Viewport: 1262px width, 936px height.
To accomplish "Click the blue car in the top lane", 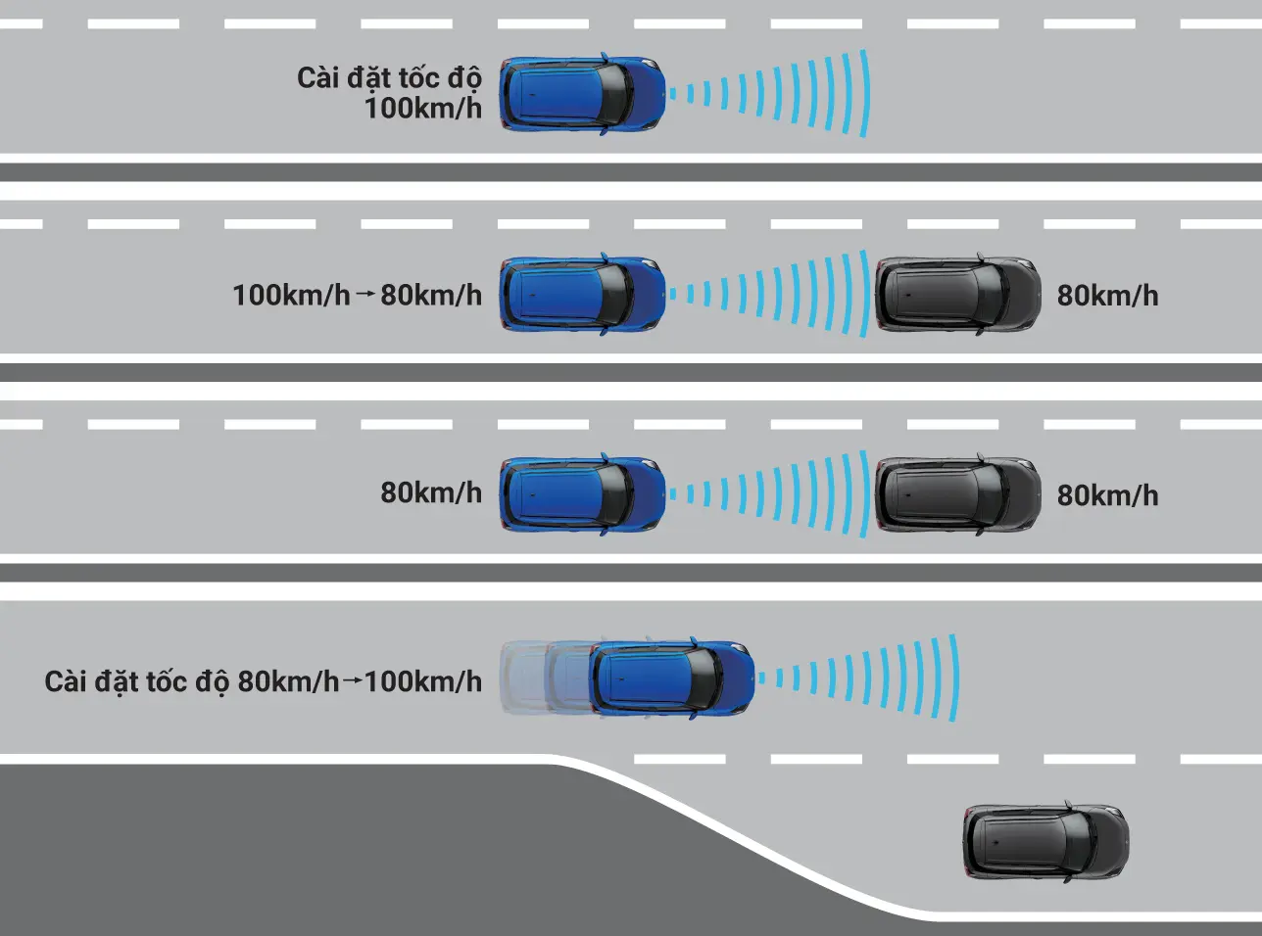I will click(x=582, y=94).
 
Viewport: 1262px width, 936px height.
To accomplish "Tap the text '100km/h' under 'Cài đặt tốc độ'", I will click(x=423, y=109).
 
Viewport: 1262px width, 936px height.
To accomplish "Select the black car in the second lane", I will click(x=957, y=295).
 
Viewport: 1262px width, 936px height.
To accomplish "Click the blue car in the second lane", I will click(x=582, y=295).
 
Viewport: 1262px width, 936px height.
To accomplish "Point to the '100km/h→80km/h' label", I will click(x=357, y=295).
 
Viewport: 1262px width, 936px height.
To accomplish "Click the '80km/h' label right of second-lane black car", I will click(x=1107, y=296).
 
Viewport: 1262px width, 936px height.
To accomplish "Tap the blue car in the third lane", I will click(x=582, y=493).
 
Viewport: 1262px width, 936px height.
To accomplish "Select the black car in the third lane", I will click(x=957, y=494).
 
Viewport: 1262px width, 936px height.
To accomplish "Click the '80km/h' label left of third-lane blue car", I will click(x=431, y=492).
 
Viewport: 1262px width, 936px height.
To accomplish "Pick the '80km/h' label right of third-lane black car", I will click(x=1107, y=495).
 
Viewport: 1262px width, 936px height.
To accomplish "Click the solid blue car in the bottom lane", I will click(x=672, y=678).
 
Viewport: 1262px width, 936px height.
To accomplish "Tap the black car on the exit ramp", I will click(x=1045, y=842).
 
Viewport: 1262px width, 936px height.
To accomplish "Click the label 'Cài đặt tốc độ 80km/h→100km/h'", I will click(x=263, y=681).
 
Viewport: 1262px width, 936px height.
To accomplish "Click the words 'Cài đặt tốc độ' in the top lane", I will click(x=389, y=77).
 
